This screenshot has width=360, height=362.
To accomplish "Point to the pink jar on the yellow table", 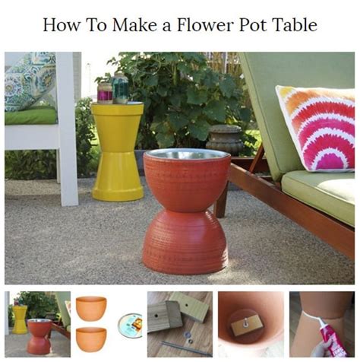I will coord(105,92).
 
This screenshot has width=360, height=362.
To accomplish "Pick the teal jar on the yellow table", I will coord(120,88).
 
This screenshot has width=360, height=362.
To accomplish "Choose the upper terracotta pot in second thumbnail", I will coord(91,308).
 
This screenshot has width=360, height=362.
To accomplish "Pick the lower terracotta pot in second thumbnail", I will coord(91,338).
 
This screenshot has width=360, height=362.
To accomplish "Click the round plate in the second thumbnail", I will coord(130,325).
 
